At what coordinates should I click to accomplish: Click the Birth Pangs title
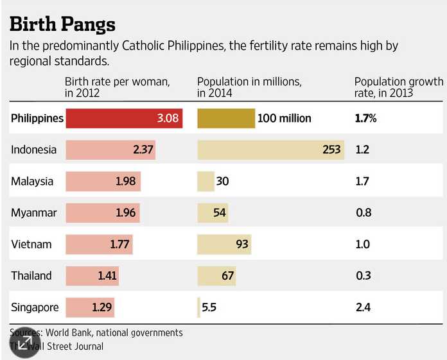tap(62, 24)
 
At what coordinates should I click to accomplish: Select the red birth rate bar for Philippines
tap(124, 118)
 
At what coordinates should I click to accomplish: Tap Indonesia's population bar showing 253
tap(270, 150)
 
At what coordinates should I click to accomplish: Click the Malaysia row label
tap(32, 181)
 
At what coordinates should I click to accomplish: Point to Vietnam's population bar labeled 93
tap(223, 244)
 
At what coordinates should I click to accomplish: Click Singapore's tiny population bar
tap(198, 307)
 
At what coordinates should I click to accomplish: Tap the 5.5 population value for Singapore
tap(209, 307)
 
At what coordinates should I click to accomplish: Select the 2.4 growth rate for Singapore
tap(363, 307)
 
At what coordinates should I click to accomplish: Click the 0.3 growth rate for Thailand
tap(363, 275)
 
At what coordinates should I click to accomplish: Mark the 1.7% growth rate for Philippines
tap(365, 118)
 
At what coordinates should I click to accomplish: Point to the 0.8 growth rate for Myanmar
tap(363, 212)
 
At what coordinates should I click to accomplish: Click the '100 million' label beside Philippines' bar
tap(284, 118)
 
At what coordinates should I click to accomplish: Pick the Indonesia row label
tap(33, 150)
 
